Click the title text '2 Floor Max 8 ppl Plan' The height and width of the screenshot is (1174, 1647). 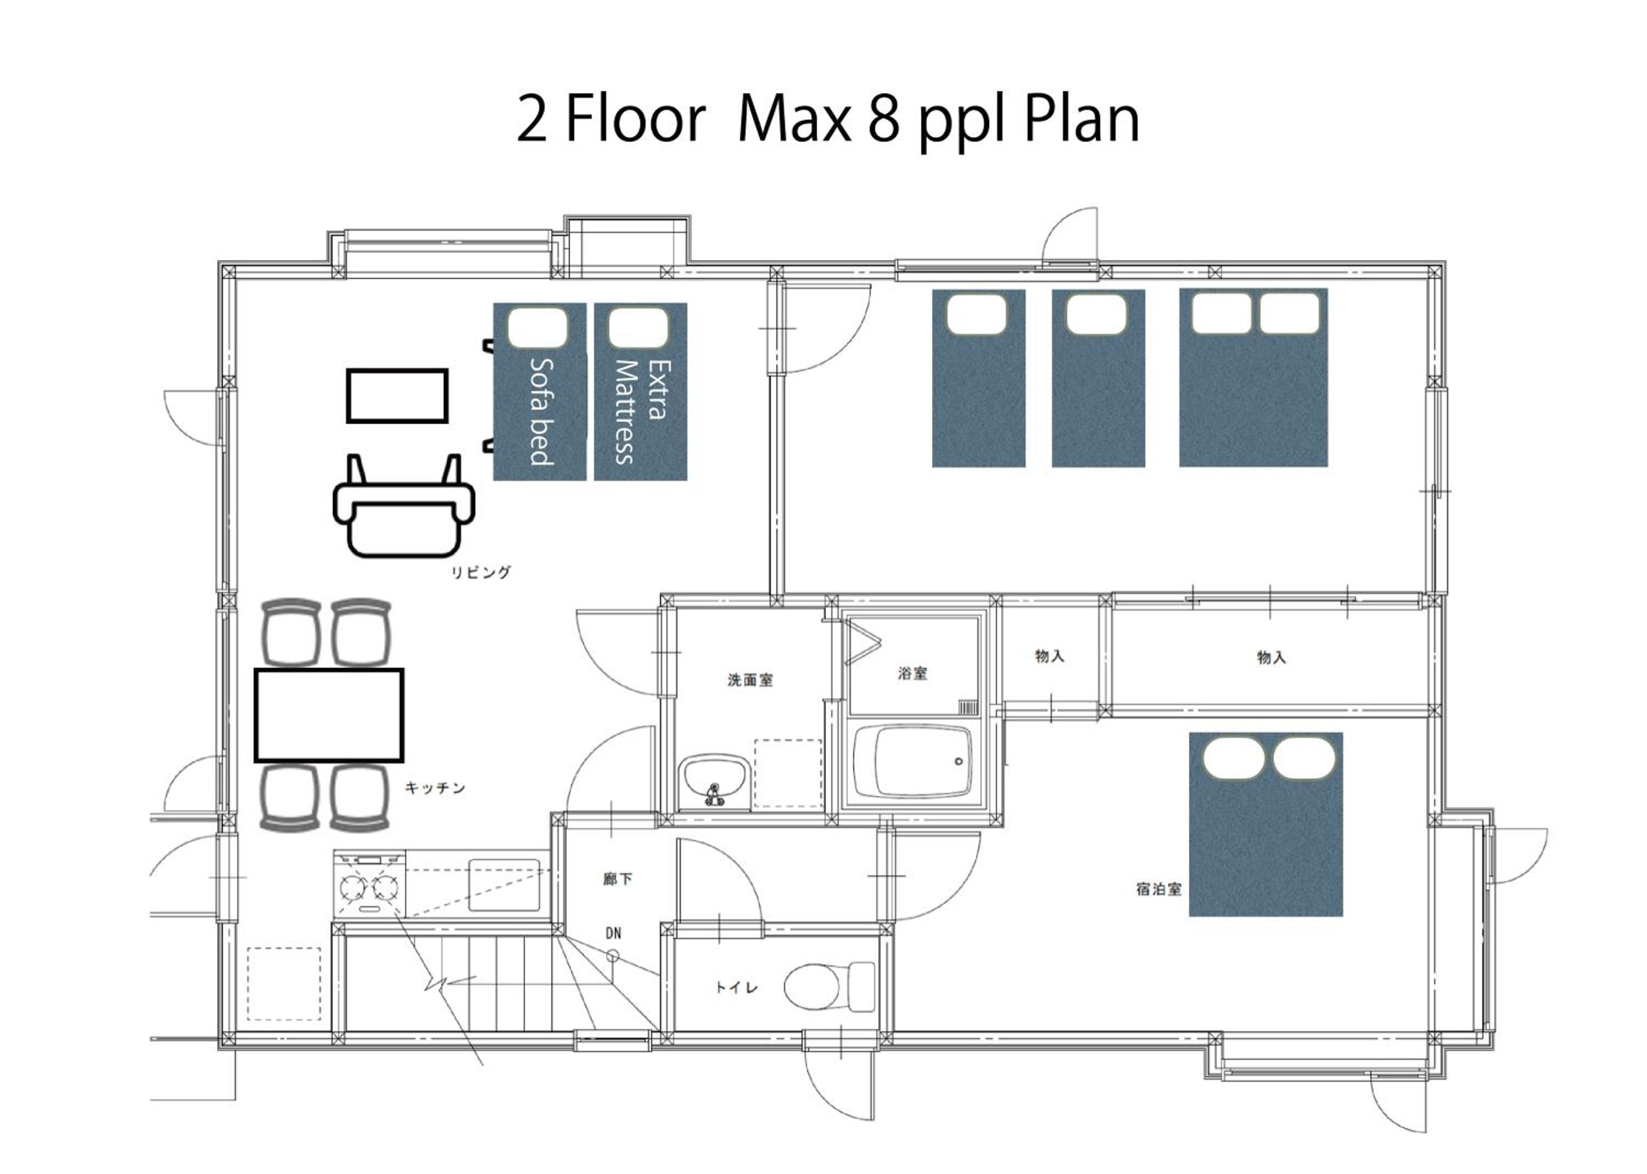[828, 121]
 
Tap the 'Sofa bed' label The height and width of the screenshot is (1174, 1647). [541, 411]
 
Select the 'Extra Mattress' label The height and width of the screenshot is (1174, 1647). [642, 412]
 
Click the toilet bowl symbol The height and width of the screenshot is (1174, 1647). [830, 987]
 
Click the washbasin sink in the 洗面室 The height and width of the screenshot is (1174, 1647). [714, 780]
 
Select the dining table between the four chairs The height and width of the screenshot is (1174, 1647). [329, 715]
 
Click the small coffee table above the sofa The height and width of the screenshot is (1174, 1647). [397, 395]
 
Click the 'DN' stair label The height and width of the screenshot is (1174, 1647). [613, 933]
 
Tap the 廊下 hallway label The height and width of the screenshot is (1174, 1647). [617, 879]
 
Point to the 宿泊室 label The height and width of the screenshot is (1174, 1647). [1158, 889]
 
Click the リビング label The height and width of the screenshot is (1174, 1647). [480, 573]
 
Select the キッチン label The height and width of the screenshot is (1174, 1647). [434, 788]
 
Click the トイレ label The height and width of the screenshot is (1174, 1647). [736, 987]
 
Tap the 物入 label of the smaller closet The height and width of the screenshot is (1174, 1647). [1049, 656]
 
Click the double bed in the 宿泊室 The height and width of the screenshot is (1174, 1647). [1265, 824]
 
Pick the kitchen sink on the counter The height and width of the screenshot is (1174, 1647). [505, 884]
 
